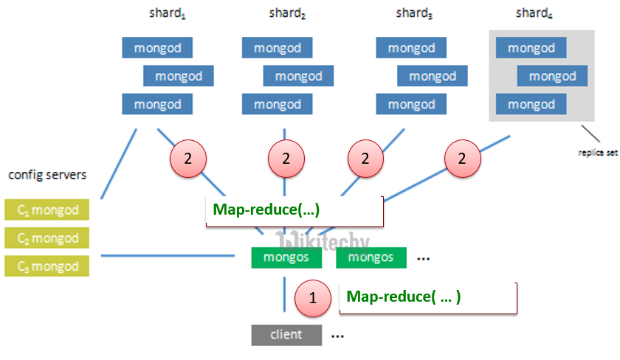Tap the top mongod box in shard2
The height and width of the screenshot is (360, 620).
[277, 48]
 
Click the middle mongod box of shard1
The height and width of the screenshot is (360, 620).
[178, 76]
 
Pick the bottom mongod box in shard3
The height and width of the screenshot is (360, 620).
[411, 104]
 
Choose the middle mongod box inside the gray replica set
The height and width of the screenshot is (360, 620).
[552, 76]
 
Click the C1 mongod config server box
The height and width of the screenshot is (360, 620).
[46, 210]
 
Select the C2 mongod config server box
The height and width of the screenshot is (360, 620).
[46, 238]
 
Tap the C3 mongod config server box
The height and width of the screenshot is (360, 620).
[46, 266]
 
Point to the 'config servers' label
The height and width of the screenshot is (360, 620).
[47, 175]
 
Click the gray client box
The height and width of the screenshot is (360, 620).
[286, 335]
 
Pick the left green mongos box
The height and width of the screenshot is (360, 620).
[286, 257]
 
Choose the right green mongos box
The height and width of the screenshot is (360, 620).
[371, 257]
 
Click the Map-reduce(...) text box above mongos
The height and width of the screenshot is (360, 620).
[294, 210]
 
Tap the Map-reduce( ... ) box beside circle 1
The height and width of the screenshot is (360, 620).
[427, 297]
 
